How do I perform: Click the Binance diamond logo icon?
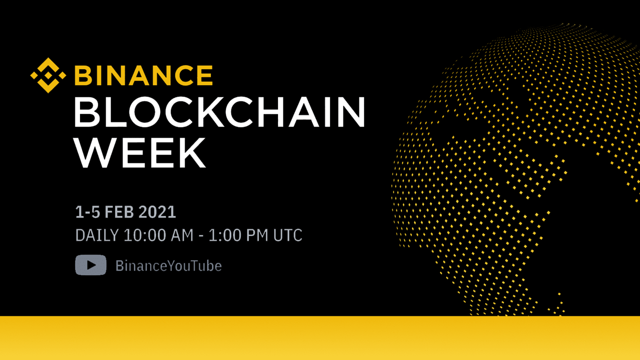pyautogui.click(x=48, y=75)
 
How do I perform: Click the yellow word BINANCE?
pyautogui.click(x=143, y=75)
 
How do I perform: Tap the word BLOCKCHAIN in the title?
pyautogui.click(x=219, y=111)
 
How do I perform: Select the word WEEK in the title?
pyautogui.click(x=139, y=153)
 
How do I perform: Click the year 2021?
pyautogui.click(x=157, y=212)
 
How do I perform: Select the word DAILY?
pyautogui.click(x=97, y=235)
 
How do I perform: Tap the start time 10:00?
pyautogui.click(x=144, y=235)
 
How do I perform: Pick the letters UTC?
pyautogui.click(x=287, y=235)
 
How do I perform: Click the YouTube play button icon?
pyautogui.click(x=91, y=265)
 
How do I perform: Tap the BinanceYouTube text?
pyautogui.click(x=168, y=265)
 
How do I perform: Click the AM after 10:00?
pyautogui.click(x=182, y=235)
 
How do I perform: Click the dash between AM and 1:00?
pyautogui.click(x=201, y=236)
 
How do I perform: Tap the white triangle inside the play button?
pyautogui.click(x=91, y=265)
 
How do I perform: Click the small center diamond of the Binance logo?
pyautogui.click(x=48, y=75)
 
